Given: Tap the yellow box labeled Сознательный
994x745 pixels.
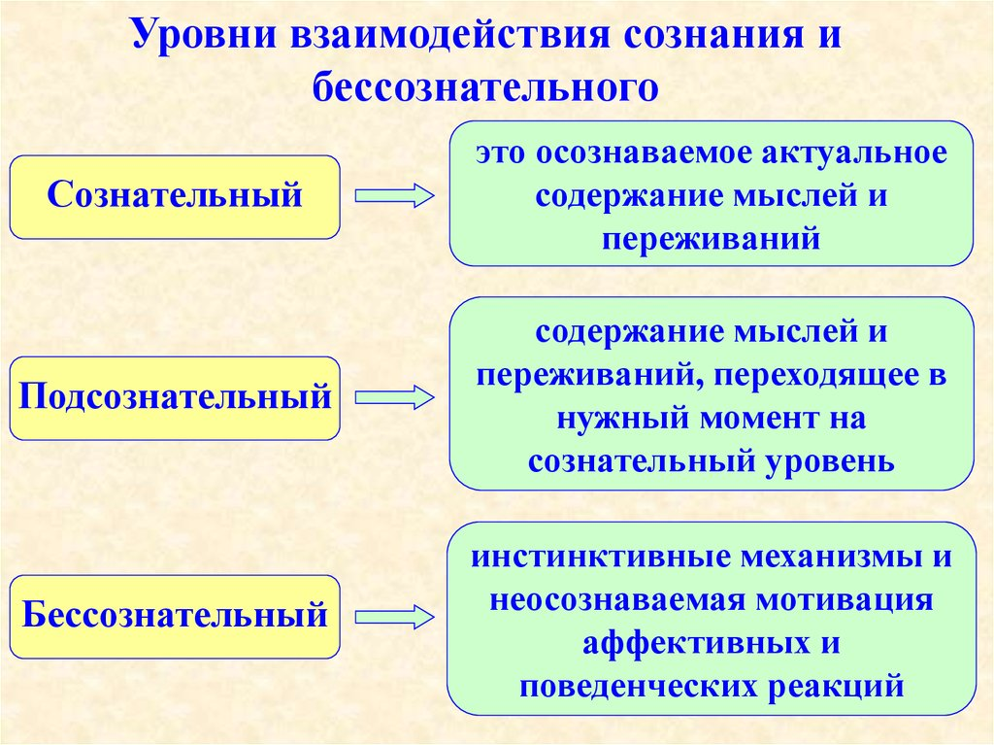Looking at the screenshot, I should point(175,197).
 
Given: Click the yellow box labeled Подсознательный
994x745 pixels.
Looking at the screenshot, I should point(175,397).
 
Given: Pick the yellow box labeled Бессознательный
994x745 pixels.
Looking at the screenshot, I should point(175,616).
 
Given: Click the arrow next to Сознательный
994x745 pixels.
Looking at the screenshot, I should point(394,197).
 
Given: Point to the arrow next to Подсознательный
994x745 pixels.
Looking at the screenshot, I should point(394,397).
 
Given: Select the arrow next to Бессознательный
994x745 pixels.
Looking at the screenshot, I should point(394,616).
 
